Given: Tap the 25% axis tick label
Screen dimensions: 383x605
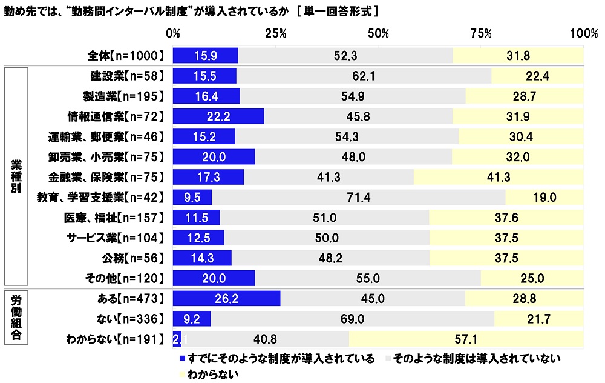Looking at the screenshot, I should (x=276, y=33).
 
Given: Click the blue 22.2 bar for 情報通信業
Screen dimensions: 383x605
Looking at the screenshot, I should (x=218, y=116).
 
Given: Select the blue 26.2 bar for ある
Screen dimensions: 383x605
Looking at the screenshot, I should (x=227, y=298).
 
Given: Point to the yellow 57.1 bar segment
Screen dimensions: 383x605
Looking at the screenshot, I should (x=466, y=338).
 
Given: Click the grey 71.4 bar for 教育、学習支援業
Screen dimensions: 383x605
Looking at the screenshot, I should (x=358, y=197).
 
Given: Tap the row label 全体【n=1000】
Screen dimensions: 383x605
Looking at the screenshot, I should (x=126, y=56).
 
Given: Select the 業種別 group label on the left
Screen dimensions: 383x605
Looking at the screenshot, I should (x=16, y=176).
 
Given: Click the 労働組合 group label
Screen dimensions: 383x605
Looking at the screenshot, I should (x=16, y=318).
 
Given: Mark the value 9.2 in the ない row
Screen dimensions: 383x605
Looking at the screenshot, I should (x=192, y=318).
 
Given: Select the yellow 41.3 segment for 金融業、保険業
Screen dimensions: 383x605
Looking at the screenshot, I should (x=499, y=177).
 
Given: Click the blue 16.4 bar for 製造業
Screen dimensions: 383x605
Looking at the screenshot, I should (x=206, y=96).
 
